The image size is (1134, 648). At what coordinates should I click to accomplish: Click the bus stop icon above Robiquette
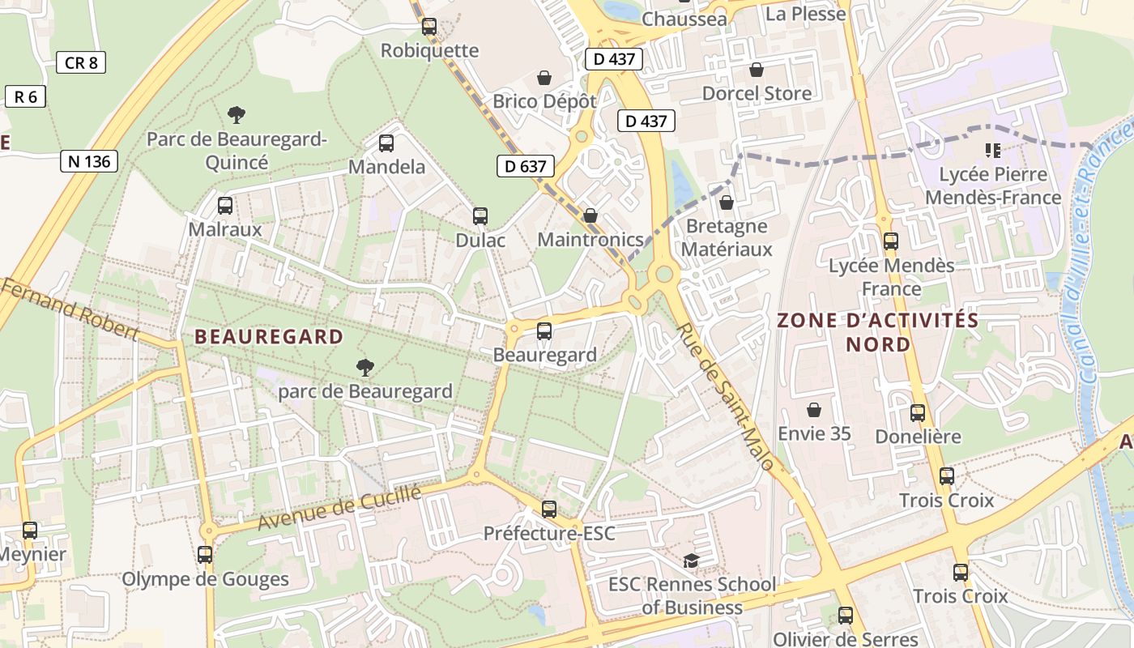(429, 27)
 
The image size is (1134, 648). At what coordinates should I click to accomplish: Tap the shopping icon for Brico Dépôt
(544, 78)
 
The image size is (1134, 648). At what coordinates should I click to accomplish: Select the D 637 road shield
(526, 167)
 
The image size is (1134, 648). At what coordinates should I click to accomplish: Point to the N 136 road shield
(89, 161)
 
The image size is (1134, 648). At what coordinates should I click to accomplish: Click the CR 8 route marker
(81, 62)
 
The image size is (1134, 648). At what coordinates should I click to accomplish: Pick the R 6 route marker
(26, 97)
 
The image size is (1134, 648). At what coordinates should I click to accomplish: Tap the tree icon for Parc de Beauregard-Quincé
(237, 115)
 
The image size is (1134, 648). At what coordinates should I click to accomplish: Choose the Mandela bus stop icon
(386, 143)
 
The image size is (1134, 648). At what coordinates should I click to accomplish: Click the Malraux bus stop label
(225, 229)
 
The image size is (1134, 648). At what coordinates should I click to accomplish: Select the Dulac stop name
(480, 240)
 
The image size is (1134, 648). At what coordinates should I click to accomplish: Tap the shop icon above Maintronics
(590, 215)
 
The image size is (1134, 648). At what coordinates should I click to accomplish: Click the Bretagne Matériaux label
(727, 237)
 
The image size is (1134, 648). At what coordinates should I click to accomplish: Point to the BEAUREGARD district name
(269, 337)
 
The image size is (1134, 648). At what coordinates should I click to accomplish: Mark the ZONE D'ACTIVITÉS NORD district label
(878, 332)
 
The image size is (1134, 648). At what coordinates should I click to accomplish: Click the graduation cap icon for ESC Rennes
(691, 561)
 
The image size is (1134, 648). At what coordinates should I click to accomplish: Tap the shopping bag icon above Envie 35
(814, 410)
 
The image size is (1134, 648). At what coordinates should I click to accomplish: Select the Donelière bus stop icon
(918, 413)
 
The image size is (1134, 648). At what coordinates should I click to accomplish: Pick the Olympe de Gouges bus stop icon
(205, 555)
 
